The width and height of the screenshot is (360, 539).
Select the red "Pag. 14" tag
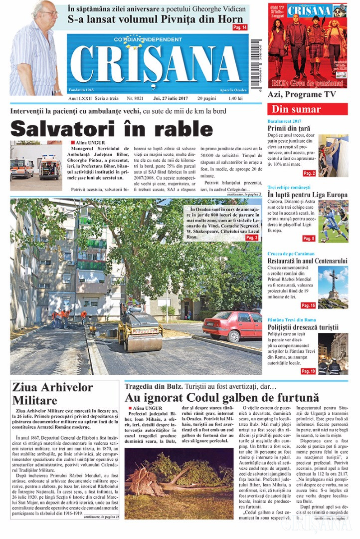coord(240,27)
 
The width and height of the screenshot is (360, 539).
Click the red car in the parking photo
coord(232,325)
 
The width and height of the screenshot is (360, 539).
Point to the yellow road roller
coord(139,330)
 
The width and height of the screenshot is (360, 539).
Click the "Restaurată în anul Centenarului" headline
coord(307,261)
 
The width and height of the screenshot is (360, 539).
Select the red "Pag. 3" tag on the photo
coord(252,238)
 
